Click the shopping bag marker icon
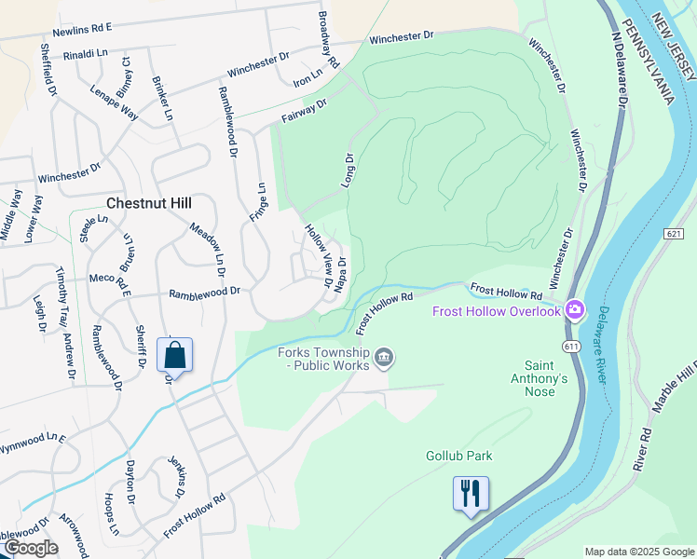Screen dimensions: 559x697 click(174, 355)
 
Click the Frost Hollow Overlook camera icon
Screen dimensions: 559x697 click(575, 310)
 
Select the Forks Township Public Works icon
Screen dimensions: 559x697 click(384, 357)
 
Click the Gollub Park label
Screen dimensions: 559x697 click(458, 456)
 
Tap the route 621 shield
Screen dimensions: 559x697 click(676, 232)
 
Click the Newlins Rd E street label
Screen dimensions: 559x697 click(81, 29)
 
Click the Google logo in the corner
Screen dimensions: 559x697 click(30, 548)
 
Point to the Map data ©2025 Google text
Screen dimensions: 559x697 click(638, 552)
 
